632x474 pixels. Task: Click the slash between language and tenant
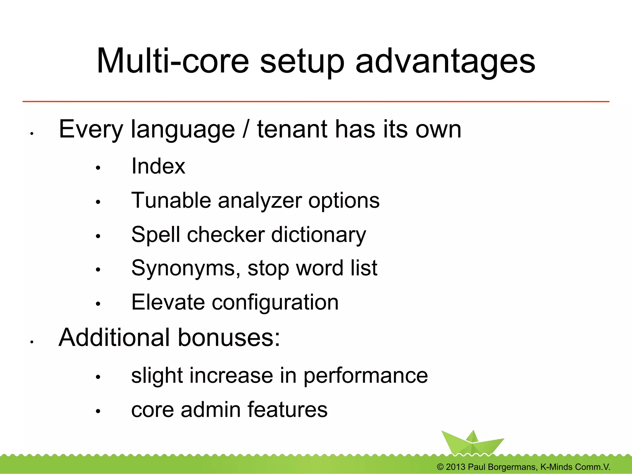click(246, 130)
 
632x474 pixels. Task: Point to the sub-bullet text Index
click(158, 166)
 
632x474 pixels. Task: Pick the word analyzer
click(260, 201)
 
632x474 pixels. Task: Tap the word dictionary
click(318, 235)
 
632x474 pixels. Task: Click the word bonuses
click(229, 338)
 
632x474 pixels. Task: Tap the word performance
click(366, 376)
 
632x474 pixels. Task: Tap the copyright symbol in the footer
click(440, 467)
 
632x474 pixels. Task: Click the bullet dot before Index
click(98, 168)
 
